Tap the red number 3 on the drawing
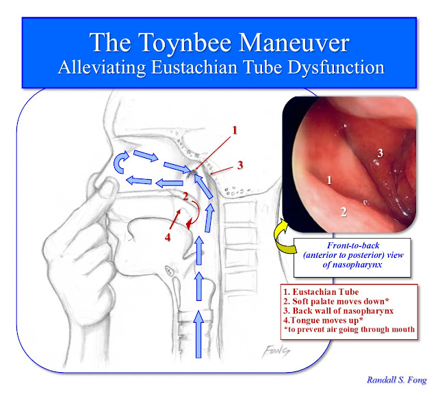pyautogui.click(x=240, y=164)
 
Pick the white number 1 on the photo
pyautogui.click(x=328, y=181)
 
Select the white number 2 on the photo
pyautogui.click(x=343, y=211)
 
